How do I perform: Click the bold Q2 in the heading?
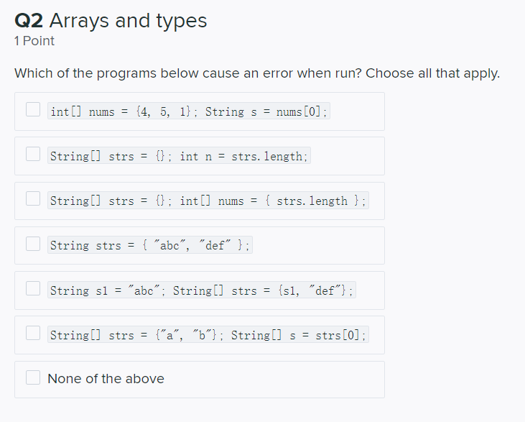[x=29, y=20]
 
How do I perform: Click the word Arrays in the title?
[x=79, y=21]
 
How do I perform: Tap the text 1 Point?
[x=34, y=41]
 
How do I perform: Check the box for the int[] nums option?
[x=33, y=109]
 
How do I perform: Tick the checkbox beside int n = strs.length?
[x=33, y=154]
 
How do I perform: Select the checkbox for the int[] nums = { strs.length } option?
[x=33, y=198]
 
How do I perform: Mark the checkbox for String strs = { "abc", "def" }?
[x=33, y=244]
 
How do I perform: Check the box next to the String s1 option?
[x=33, y=288]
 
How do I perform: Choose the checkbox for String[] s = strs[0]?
[x=33, y=333]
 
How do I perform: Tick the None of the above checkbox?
[x=33, y=377]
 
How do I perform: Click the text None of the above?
[x=106, y=379]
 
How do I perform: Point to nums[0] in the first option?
[x=298, y=111]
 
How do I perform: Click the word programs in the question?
[x=126, y=74]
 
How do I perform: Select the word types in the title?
[x=182, y=22]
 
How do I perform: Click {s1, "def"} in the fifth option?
[x=312, y=290]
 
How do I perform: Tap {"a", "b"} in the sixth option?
[x=186, y=335]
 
